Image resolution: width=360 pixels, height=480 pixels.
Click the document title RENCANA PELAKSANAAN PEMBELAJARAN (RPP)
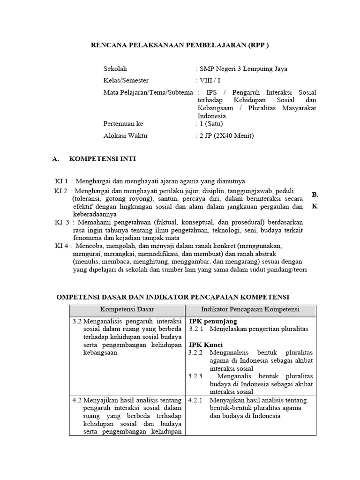pos(180,45)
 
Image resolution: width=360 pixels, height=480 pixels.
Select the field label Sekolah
pos(115,69)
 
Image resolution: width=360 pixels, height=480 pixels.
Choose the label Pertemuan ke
pos(123,124)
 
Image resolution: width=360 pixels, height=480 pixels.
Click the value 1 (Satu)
pos(211,124)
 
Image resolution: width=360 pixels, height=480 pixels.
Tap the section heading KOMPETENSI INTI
pos(102,159)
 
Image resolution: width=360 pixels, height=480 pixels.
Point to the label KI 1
pos(61,181)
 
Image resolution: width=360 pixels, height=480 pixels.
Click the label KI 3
pos(62,222)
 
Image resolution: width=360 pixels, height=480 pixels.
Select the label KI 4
pos(62,245)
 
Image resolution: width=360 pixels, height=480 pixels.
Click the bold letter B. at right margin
pos(315,194)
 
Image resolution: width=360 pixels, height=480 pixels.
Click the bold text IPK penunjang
pos(213,322)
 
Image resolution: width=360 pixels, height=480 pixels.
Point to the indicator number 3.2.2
pos(195,352)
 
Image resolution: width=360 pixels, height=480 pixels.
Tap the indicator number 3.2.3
pos(195,376)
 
